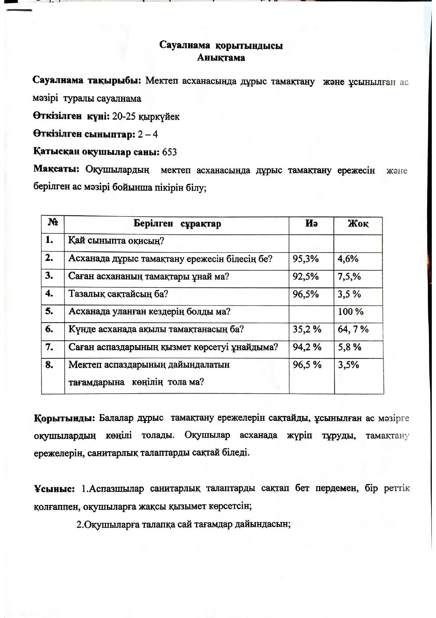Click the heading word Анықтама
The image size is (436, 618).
pos(221,58)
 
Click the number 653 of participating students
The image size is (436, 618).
pos(169,152)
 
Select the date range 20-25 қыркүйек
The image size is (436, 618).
pos(146,117)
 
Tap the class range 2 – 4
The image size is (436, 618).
pos(148,134)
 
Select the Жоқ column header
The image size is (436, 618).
pos(358,224)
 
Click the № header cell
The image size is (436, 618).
pos(53,223)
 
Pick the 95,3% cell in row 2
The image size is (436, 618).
pos(306,259)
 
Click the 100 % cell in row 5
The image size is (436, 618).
pos(351,312)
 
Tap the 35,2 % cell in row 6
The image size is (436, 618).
pos(307,330)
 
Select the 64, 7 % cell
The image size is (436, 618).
pos(353,330)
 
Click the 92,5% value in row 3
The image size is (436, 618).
pos(306,276)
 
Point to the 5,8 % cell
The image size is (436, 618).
pos(350,347)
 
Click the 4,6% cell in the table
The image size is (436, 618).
pos(348,259)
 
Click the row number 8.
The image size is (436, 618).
pos(49,364)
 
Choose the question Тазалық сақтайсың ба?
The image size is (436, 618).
pos(118,294)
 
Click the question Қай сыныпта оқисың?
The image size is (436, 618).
pos(116,241)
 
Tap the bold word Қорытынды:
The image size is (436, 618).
pos(64,418)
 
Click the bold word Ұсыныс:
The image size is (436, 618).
pos(54,489)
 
